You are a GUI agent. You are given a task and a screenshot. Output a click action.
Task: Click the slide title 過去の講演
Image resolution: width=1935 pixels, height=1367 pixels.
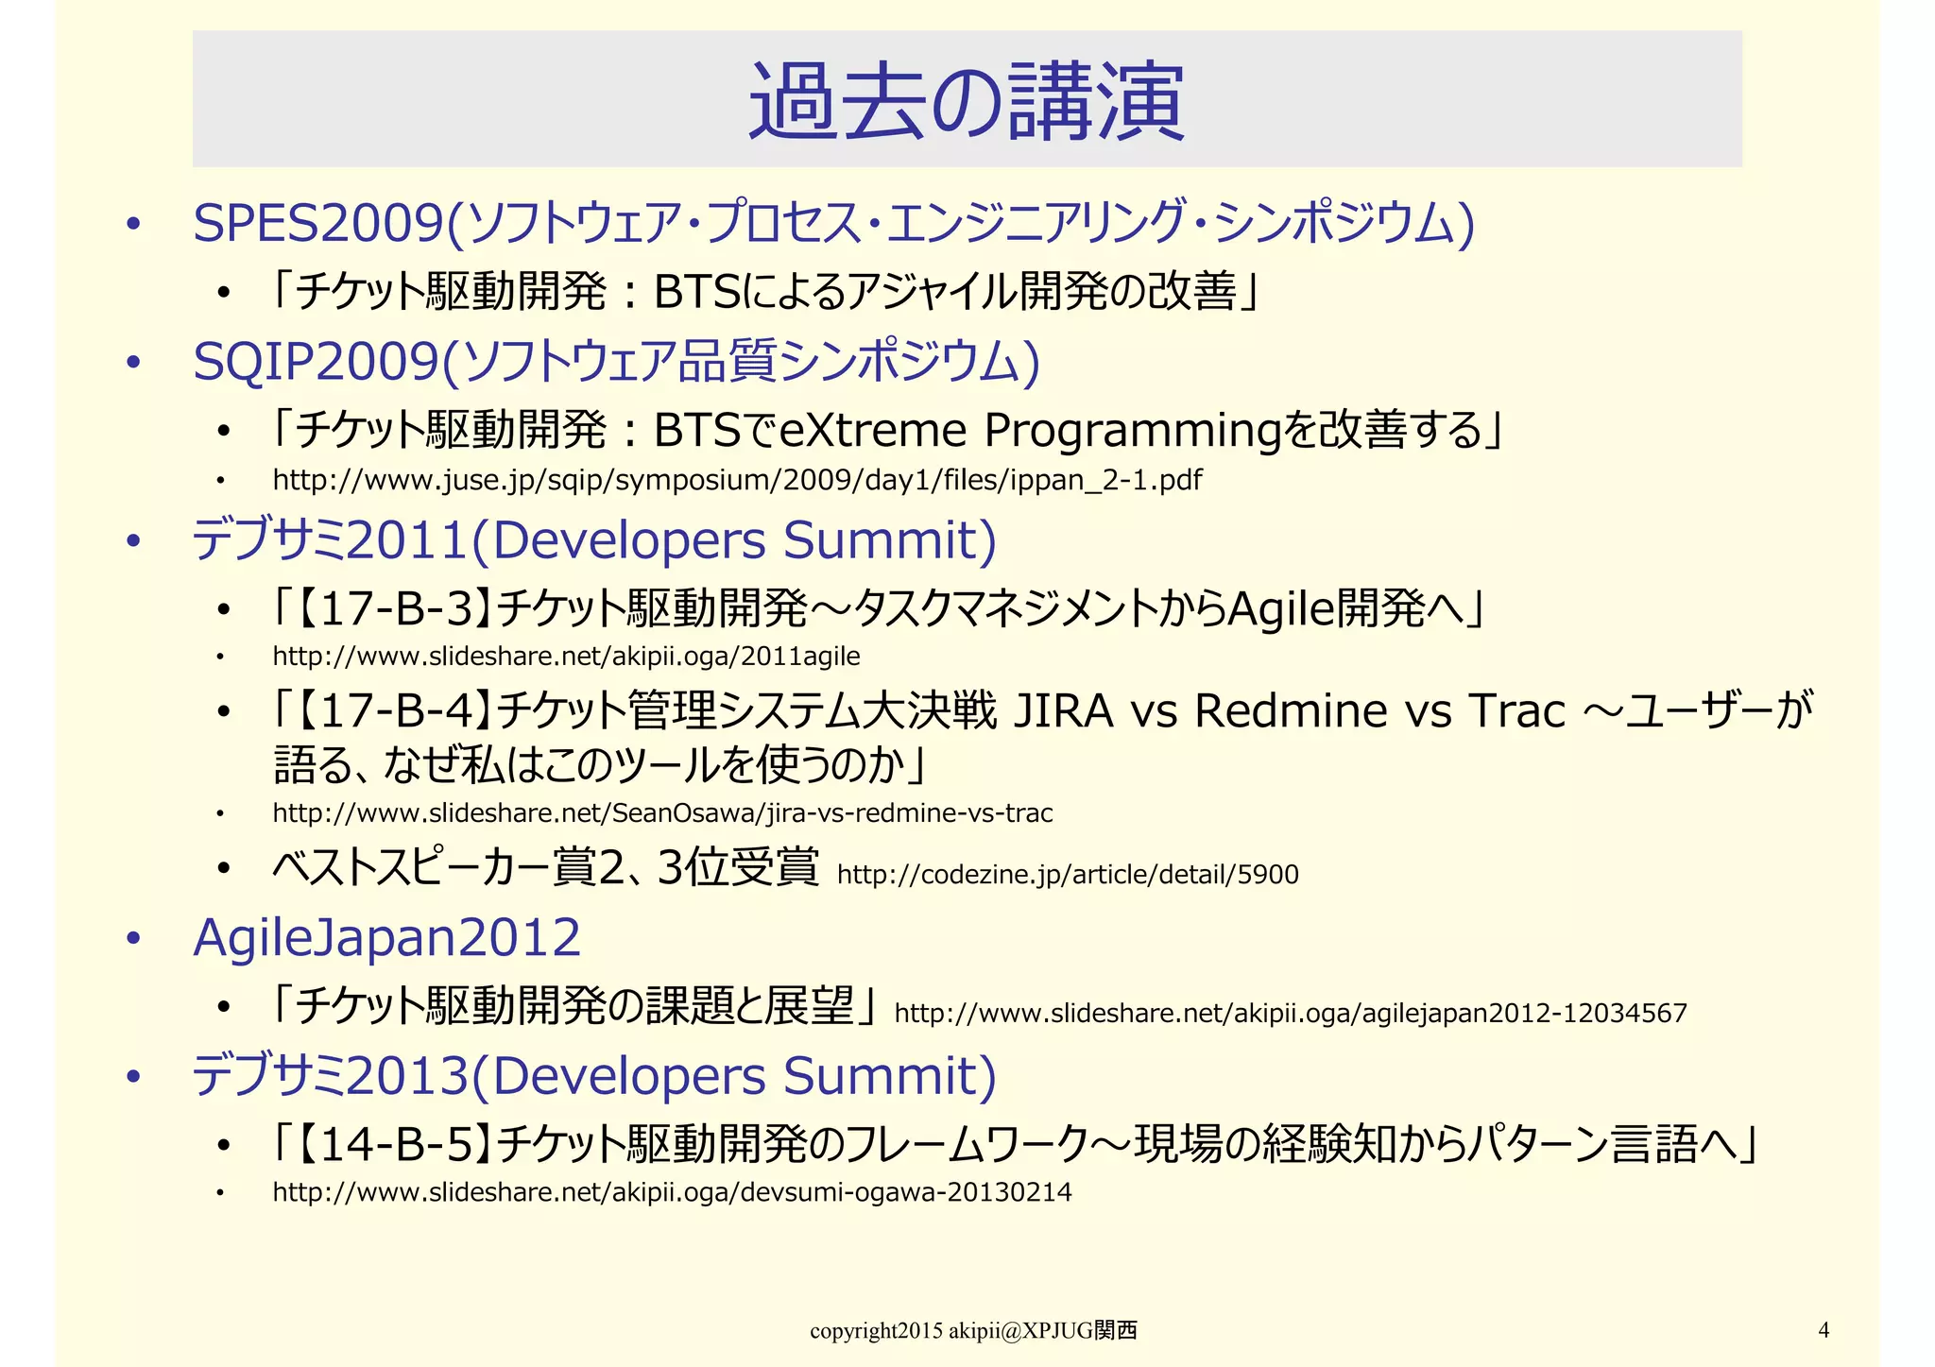tap(966, 101)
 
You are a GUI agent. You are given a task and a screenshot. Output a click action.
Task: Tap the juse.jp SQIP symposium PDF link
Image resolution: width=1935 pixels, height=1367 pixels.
tap(737, 480)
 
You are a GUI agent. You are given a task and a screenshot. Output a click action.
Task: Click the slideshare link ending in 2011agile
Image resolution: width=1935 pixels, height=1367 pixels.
tap(566, 656)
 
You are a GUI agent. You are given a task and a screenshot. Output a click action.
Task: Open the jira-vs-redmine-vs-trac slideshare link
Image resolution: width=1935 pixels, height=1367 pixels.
tap(662, 812)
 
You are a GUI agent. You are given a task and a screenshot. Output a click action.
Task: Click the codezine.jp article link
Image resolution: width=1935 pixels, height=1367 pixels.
tap(1068, 875)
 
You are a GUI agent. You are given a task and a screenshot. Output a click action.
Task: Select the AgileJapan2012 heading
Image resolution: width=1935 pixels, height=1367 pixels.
tap(386, 937)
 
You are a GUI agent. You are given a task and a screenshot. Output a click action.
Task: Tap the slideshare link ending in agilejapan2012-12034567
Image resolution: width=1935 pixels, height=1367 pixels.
tap(1290, 1014)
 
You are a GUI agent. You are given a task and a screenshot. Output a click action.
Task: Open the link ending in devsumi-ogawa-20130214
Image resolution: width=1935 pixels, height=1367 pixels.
tap(672, 1192)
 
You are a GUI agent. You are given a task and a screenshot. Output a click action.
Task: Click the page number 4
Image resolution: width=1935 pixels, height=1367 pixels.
tap(1824, 1330)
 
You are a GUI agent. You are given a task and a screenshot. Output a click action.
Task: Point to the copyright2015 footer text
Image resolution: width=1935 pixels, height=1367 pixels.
tap(973, 1331)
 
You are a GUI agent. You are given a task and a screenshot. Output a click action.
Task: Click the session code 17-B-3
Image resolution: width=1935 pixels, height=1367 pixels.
tap(395, 607)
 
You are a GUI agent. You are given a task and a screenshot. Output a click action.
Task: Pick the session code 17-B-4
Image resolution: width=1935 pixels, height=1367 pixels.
tap(395, 710)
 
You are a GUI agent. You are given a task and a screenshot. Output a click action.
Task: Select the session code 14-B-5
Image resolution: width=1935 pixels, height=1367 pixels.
tap(395, 1144)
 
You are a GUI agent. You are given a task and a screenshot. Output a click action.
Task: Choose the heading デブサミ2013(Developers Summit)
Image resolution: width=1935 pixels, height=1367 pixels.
tap(594, 1076)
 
